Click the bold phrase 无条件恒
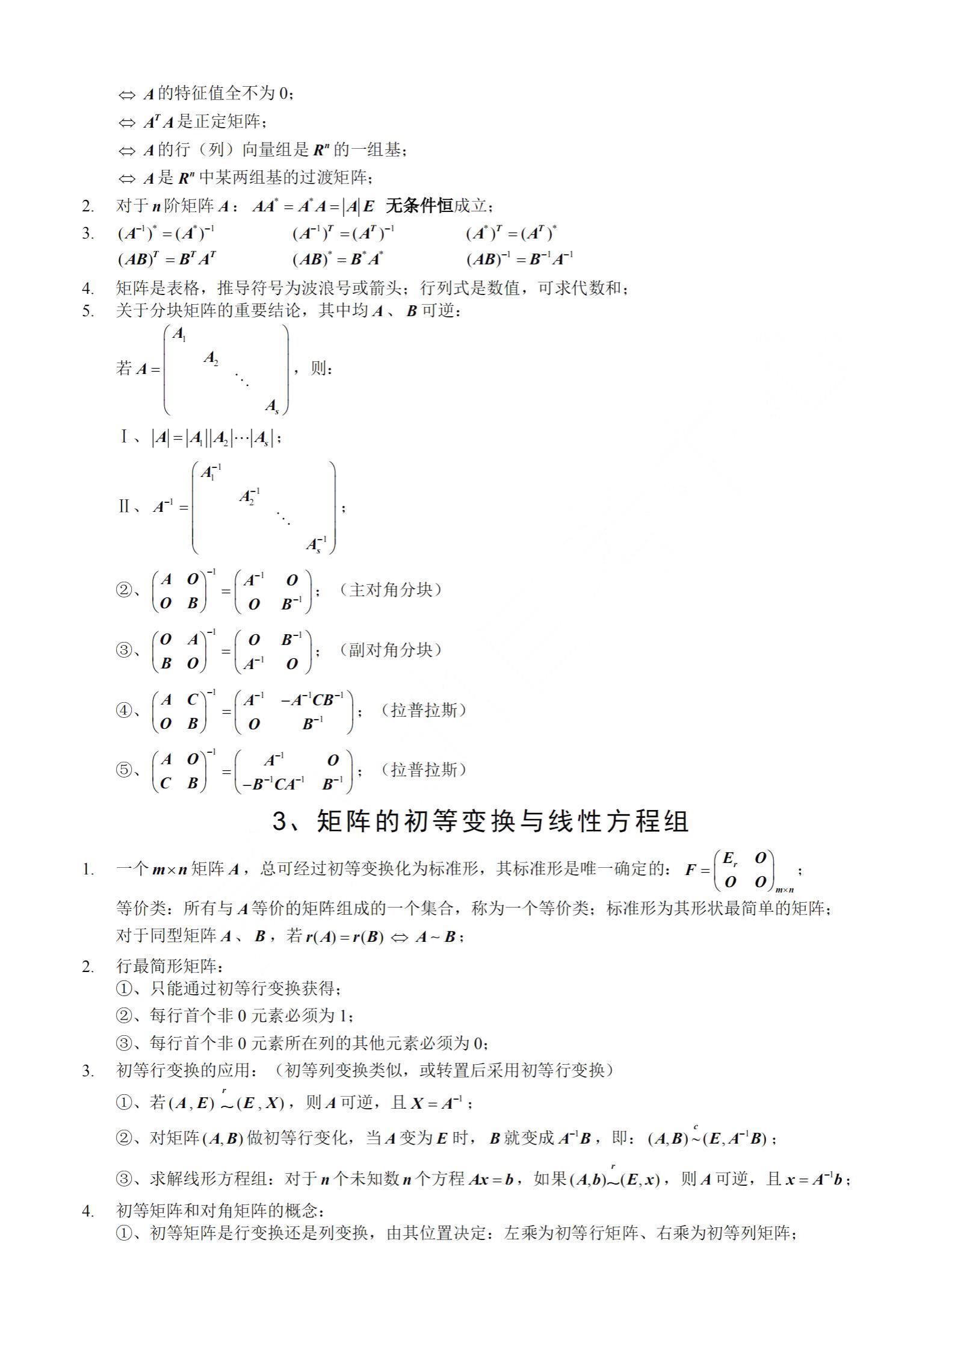(x=419, y=206)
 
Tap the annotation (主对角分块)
(x=390, y=590)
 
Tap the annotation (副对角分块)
(x=390, y=650)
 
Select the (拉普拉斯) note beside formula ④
(x=424, y=710)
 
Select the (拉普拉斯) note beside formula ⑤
(x=424, y=770)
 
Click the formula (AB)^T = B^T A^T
(x=167, y=259)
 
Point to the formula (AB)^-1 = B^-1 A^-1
(x=519, y=259)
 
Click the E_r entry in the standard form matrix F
(x=730, y=858)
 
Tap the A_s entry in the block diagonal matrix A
(x=272, y=407)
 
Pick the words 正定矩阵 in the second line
(x=228, y=122)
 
